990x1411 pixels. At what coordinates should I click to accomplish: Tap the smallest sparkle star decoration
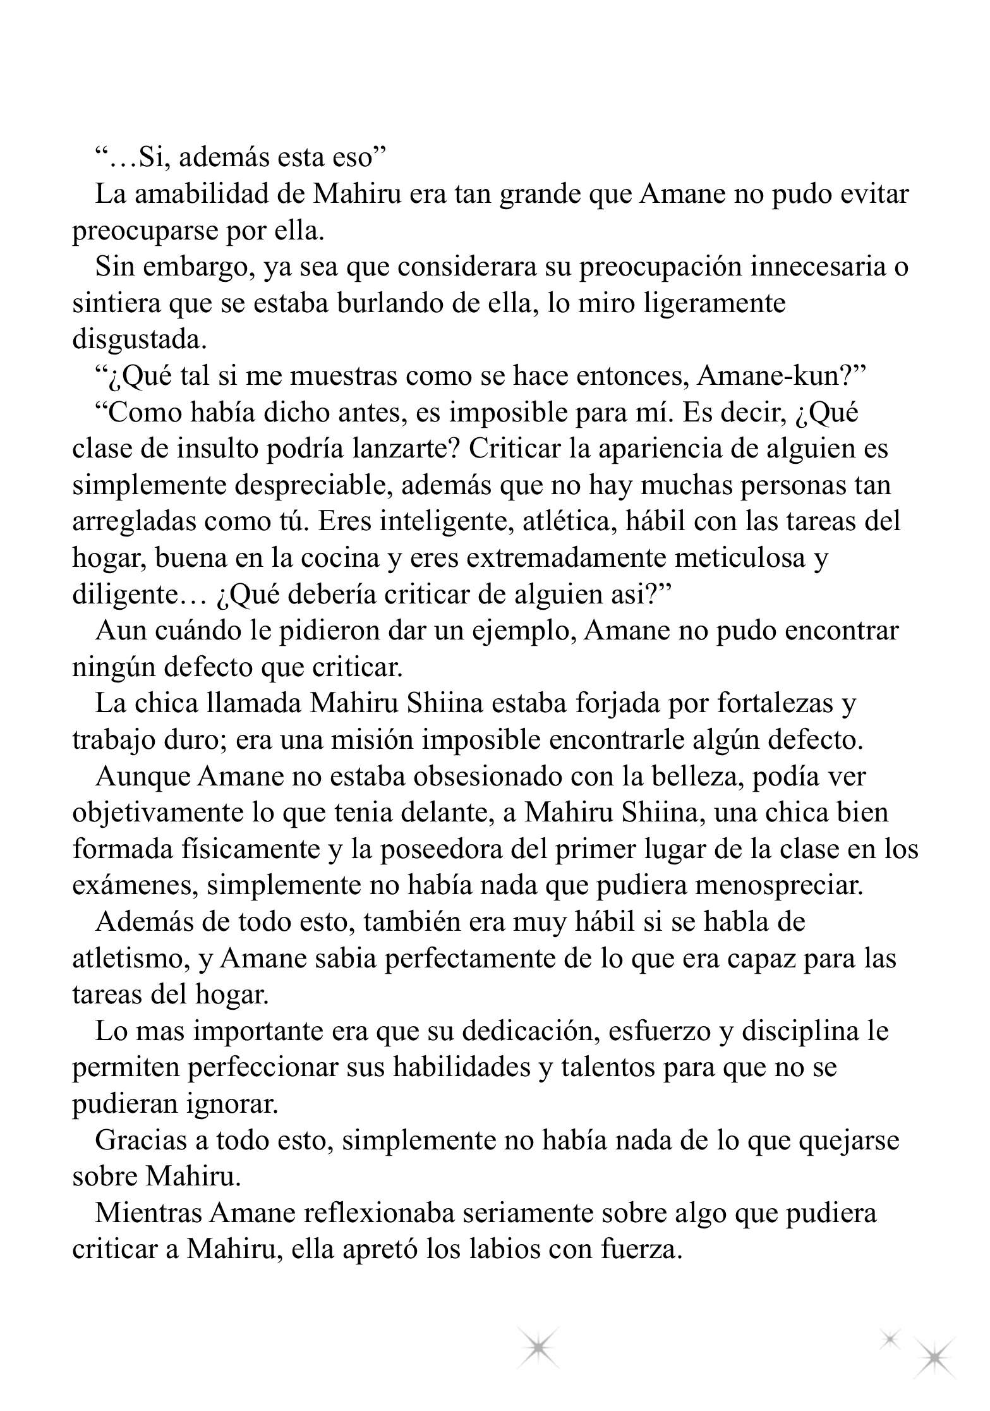pyautogui.click(x=890, y=1338)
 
